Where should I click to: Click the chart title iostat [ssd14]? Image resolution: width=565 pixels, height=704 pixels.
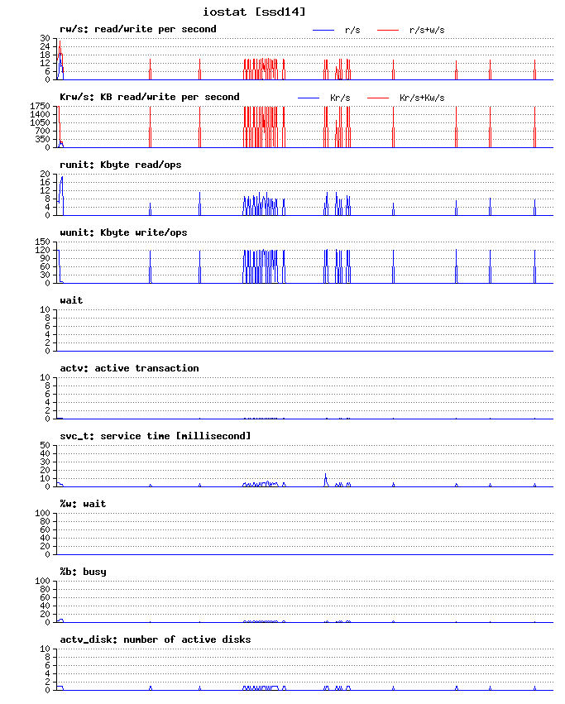click(254, 12)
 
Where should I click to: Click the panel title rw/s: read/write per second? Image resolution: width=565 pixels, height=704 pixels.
click(137, 29)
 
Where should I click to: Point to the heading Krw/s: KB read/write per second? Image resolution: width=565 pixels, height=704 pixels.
click(149, 97)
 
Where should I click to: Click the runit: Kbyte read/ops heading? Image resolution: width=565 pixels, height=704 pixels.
click(120, 165)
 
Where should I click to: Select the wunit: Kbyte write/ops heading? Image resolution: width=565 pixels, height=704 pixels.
click(123, 232)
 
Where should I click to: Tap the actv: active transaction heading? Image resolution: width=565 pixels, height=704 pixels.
click(129, 368)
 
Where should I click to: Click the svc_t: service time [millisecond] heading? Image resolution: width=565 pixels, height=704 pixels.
click(155, 436)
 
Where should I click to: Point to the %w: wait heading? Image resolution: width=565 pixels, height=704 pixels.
click(83, 504)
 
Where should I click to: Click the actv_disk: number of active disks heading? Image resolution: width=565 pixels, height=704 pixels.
click(155, 639)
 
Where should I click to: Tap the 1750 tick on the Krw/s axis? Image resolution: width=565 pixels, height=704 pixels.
click(41, 107)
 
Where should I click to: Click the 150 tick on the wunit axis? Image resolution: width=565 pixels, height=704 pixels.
click(44, 242)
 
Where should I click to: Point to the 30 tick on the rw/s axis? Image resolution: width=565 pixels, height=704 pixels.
click(46, 39)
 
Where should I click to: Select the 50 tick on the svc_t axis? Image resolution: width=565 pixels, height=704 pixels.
click(46, 446)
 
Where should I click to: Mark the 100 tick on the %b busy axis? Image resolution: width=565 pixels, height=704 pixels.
click(44, 582)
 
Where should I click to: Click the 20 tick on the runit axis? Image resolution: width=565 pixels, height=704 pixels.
click(46, 175)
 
